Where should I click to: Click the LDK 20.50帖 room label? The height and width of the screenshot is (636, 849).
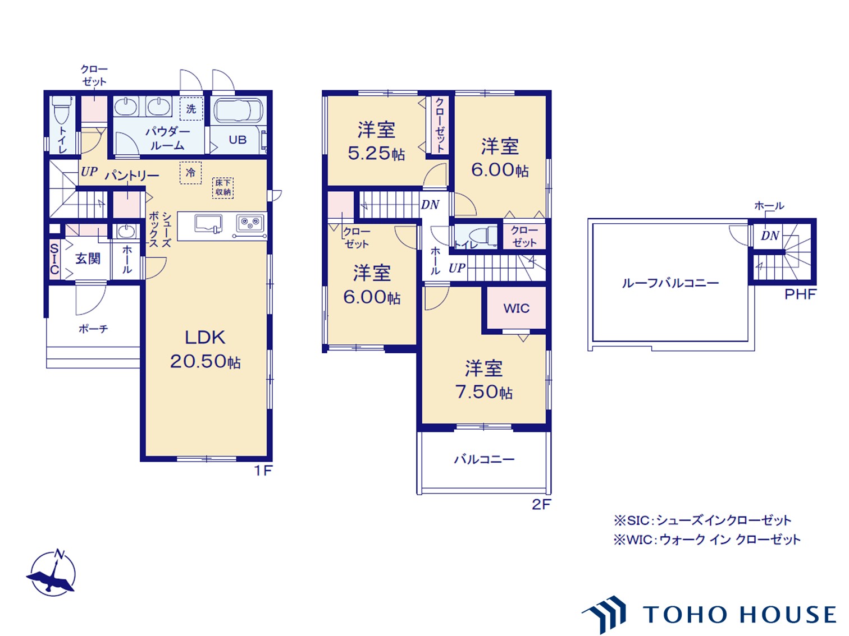206,349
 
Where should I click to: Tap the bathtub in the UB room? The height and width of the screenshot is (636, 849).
238,110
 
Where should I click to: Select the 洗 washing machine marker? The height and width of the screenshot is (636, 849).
191,109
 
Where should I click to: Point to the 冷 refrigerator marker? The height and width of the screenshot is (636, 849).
191,173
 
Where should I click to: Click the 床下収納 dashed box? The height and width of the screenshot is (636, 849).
223,187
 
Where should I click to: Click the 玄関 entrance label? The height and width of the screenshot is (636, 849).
88,259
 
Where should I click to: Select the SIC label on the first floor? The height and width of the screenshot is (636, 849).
54,259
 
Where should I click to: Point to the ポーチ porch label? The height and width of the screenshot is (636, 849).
93,329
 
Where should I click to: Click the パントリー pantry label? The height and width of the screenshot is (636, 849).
132,176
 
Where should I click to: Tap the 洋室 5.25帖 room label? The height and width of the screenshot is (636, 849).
376,141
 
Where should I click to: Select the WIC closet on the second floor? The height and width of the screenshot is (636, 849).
516,308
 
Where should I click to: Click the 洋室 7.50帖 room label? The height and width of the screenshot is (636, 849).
483,380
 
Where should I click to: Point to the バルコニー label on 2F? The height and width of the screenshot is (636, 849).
484,459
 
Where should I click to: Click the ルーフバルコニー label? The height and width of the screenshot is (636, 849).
670,283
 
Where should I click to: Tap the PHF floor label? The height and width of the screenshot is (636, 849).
800,294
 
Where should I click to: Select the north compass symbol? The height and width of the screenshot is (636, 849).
52,573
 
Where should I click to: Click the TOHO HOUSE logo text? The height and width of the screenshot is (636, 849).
740,615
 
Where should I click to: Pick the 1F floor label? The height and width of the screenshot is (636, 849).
263,471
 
